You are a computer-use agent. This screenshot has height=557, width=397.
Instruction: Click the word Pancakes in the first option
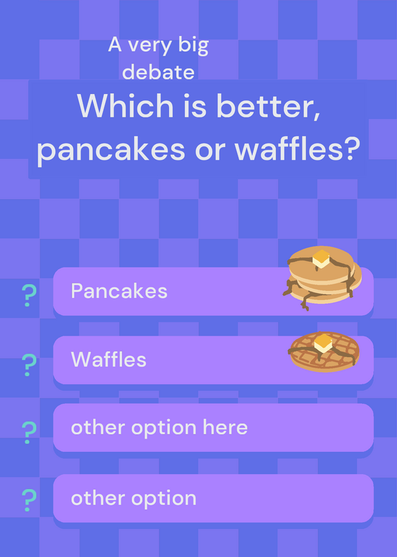[x=119, y=291]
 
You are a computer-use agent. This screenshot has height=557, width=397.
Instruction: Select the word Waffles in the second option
[x=108, y=359]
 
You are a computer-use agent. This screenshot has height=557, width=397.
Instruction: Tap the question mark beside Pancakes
[x=29, y=295]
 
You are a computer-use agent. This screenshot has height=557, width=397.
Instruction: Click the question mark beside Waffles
[x=29, y=365]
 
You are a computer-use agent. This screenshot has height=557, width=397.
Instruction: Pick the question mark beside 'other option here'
[x=29, y=432]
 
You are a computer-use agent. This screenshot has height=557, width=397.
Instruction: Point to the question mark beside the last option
[x=29, y=500]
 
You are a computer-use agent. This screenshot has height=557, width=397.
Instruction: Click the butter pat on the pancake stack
[x=321, y=258]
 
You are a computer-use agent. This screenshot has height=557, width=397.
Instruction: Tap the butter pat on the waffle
[x=323, y=343]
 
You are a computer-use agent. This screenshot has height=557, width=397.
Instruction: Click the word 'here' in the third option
[x=225, y=427]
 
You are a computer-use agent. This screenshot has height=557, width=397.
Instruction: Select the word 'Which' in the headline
[x=125, y=106]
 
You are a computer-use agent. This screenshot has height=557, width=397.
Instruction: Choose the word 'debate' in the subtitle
[x=159, y=72]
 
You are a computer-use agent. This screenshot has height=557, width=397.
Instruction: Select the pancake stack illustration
[x=323, y=278]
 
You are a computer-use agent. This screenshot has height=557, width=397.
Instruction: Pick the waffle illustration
[x=324, y=352]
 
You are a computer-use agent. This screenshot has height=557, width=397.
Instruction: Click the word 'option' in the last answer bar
[x=164, y=499]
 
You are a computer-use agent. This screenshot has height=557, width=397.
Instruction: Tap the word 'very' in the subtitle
[x=150, y=47]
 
